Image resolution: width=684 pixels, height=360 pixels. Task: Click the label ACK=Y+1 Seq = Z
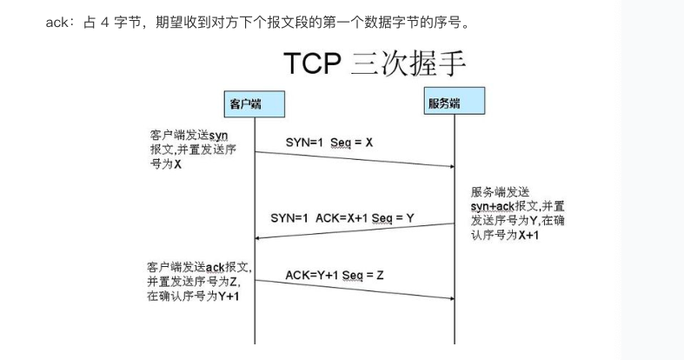tap(335, 276)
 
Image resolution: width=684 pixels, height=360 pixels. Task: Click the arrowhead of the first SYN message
tap(452, 166)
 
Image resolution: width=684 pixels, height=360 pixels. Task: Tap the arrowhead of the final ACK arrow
tap(452, 298)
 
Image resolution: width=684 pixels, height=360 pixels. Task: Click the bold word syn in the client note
tap(217, 136)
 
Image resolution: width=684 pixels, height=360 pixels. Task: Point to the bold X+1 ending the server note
tap(528, 236)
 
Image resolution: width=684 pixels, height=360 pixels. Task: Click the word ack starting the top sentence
tap(56, 22)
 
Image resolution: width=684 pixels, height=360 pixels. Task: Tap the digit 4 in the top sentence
tap(102, 22)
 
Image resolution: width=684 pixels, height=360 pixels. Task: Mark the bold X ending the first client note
tap(177, 163)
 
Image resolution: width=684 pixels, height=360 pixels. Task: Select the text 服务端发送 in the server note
tap(499, 191)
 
